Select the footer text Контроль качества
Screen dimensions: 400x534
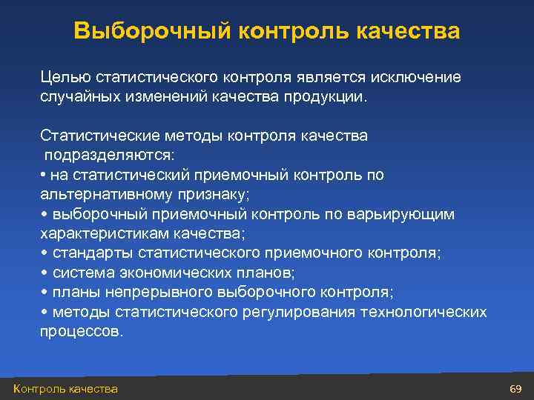pos(65,389)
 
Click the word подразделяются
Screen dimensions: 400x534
pos(108,156)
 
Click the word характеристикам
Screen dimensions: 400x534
pos(103,233)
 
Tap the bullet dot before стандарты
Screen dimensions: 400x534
pos(44,253)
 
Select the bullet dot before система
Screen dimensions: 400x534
pos(44,273)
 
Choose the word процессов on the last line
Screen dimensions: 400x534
pos(80,331)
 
